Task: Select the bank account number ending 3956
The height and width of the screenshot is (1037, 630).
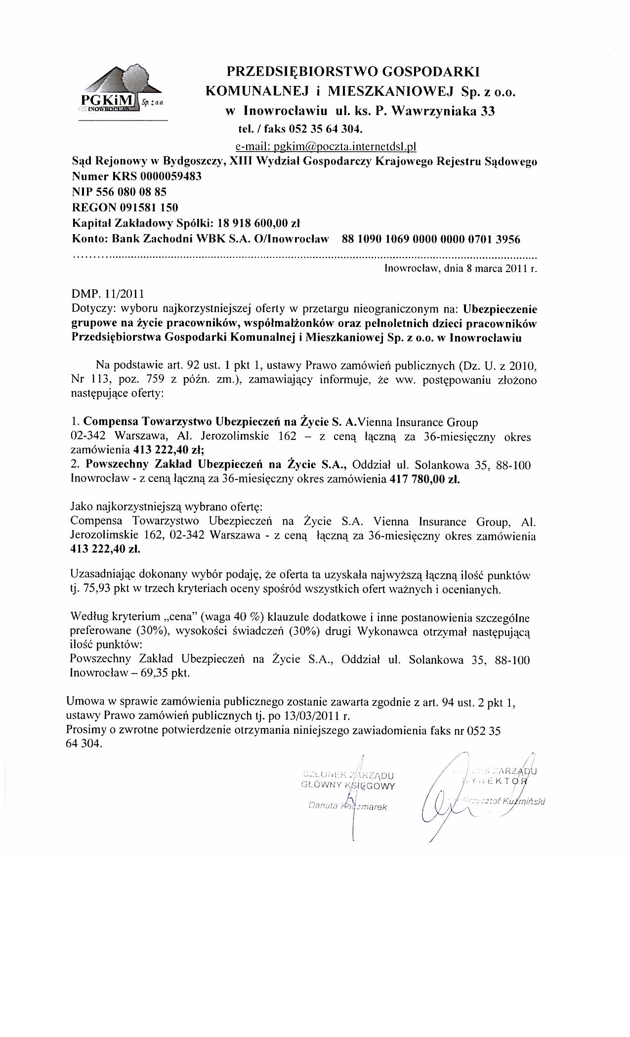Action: tap(431, 239)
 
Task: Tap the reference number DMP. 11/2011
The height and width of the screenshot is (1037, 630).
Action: tap(108, 294)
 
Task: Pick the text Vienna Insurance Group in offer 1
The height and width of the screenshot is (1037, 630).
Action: tap(418, 423)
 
